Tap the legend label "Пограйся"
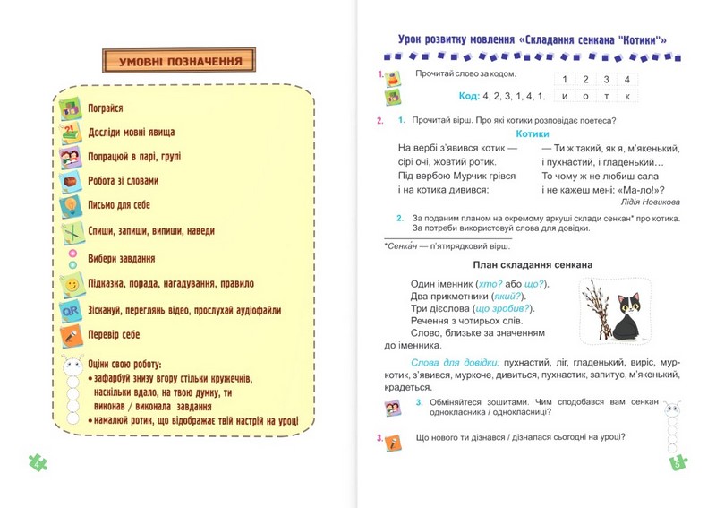(x=105, y=108)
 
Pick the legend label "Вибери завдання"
(x=122, y=258)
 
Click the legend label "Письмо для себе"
(x=119, y=205)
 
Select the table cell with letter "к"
(x=628, y=96)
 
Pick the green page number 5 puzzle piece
(x=678, y=462)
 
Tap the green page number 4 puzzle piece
(x=38, y=462)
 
